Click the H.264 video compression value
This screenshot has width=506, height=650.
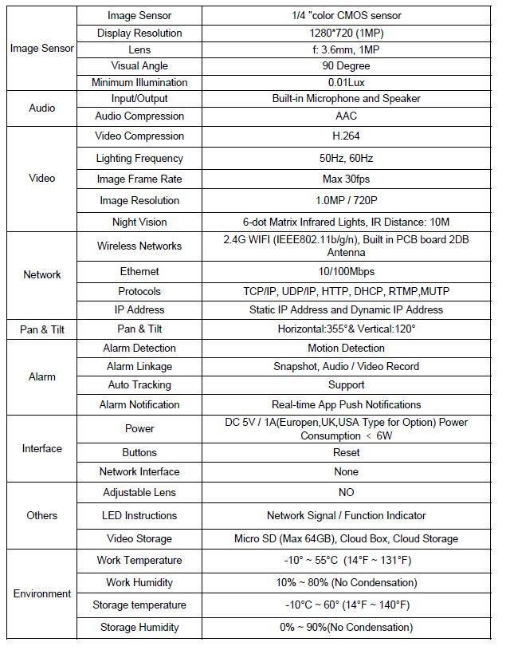coord(346,136)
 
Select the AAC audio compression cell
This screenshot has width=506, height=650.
coord(346,116)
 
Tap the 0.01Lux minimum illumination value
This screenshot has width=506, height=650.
coord(346,83)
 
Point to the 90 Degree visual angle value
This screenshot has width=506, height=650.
coord(346,66)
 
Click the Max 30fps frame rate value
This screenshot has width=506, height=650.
coord(346,179)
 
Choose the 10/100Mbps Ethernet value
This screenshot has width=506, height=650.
coord(346,272)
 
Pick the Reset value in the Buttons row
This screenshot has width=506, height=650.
coord(346,452)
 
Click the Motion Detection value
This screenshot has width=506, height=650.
coord(346,349)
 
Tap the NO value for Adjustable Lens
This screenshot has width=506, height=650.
coord(346,493)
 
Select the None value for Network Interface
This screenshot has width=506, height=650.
coord(346,471)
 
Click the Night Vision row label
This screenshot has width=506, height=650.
coord(139,222)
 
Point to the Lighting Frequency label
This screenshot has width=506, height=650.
coord(139,159)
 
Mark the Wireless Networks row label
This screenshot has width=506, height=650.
coord(139,246)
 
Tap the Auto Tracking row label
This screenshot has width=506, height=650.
coord(139,385)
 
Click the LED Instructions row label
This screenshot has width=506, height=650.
coord(139,515)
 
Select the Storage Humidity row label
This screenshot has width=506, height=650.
coord(139,627)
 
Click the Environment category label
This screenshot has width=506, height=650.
coord(42,594)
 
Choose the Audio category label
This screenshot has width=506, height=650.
coord(42,108)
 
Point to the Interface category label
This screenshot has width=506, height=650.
coord(42,449)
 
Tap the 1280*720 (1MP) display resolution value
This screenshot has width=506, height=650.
coord(346,33)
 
